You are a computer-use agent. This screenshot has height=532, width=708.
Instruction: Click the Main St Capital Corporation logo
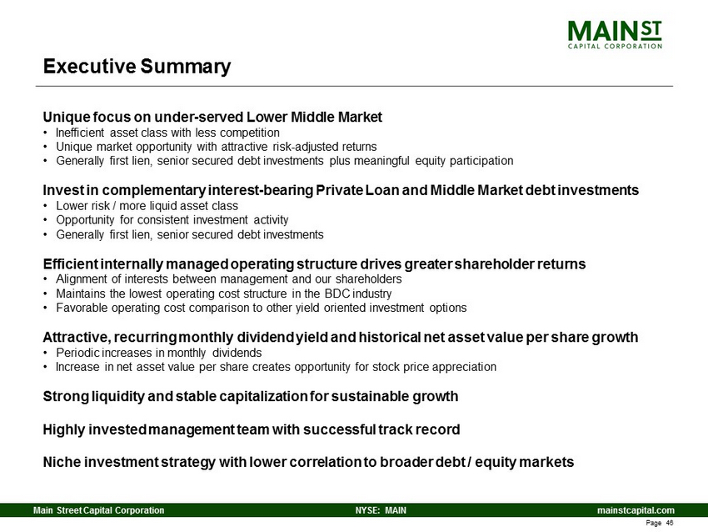pyautogui.click(x=615, y=34)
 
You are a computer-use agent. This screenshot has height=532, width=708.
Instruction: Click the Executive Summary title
pyautogui.click(x=137, y=67)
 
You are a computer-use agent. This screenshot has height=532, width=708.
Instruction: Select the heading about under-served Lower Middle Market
pyautogui.click(x=212, y=117)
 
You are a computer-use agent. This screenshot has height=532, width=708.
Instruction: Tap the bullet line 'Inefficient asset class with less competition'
pyautogui.click(x=167, y=133)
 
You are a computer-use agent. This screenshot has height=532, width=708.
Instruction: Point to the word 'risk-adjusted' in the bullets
pyautogui.click(x=305, y=147)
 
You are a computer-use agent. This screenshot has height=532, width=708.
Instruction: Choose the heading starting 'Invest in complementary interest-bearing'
pyautogui.click(x=341, y=190)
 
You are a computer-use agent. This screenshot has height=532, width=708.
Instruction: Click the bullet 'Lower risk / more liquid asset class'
pyautogui.click(x=147, y=206)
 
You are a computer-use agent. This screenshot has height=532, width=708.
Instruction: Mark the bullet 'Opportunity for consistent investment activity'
pyautogui.click(x=172, y=220)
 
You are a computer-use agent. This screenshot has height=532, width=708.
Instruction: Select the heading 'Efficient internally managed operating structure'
pyautogui.click(x=314, y=264)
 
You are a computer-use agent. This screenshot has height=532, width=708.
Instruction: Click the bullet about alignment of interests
pyautogui.click(x=229, y=279)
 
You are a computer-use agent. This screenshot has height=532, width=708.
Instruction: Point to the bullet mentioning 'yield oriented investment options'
pyautogui.click(x=262, y=308)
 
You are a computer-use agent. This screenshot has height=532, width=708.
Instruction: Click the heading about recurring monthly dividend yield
pyautogui.click(x=341, y=337)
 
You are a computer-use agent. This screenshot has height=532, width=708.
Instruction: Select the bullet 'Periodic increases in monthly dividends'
pyautogui.click(x=159, y=353)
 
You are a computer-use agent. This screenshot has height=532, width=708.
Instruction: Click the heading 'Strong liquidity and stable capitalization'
pyautogui.click(x=251, y=396)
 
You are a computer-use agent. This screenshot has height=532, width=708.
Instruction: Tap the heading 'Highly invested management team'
pyautogui.click(x=252, y=429)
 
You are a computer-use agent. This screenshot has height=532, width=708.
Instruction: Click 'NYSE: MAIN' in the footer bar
pyautogui.click(x=381, y=510)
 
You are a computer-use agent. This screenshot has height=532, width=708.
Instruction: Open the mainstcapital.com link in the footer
pyautogui.click(x=636, y=510)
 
